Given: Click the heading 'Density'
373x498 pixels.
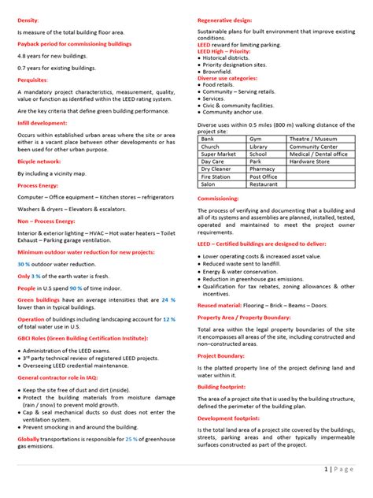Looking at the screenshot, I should click(x=28, y=18).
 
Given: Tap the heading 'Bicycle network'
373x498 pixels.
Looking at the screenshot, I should click(x=39, y=161).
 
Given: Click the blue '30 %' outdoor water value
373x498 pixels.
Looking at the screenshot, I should click(x=24, y=264).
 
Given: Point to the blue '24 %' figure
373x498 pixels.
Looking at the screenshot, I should click(x=168, y=300).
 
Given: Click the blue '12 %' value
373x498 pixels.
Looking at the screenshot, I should click(x=168, y=319).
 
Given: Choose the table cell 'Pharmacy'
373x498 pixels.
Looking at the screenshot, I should click(x=262, y=169).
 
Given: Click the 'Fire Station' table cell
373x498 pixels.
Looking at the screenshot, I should click(x=216, y=177).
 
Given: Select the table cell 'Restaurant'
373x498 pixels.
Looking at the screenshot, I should click(x=264, y=184).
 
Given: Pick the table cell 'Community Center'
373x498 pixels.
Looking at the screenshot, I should click(x=313, y=147).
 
